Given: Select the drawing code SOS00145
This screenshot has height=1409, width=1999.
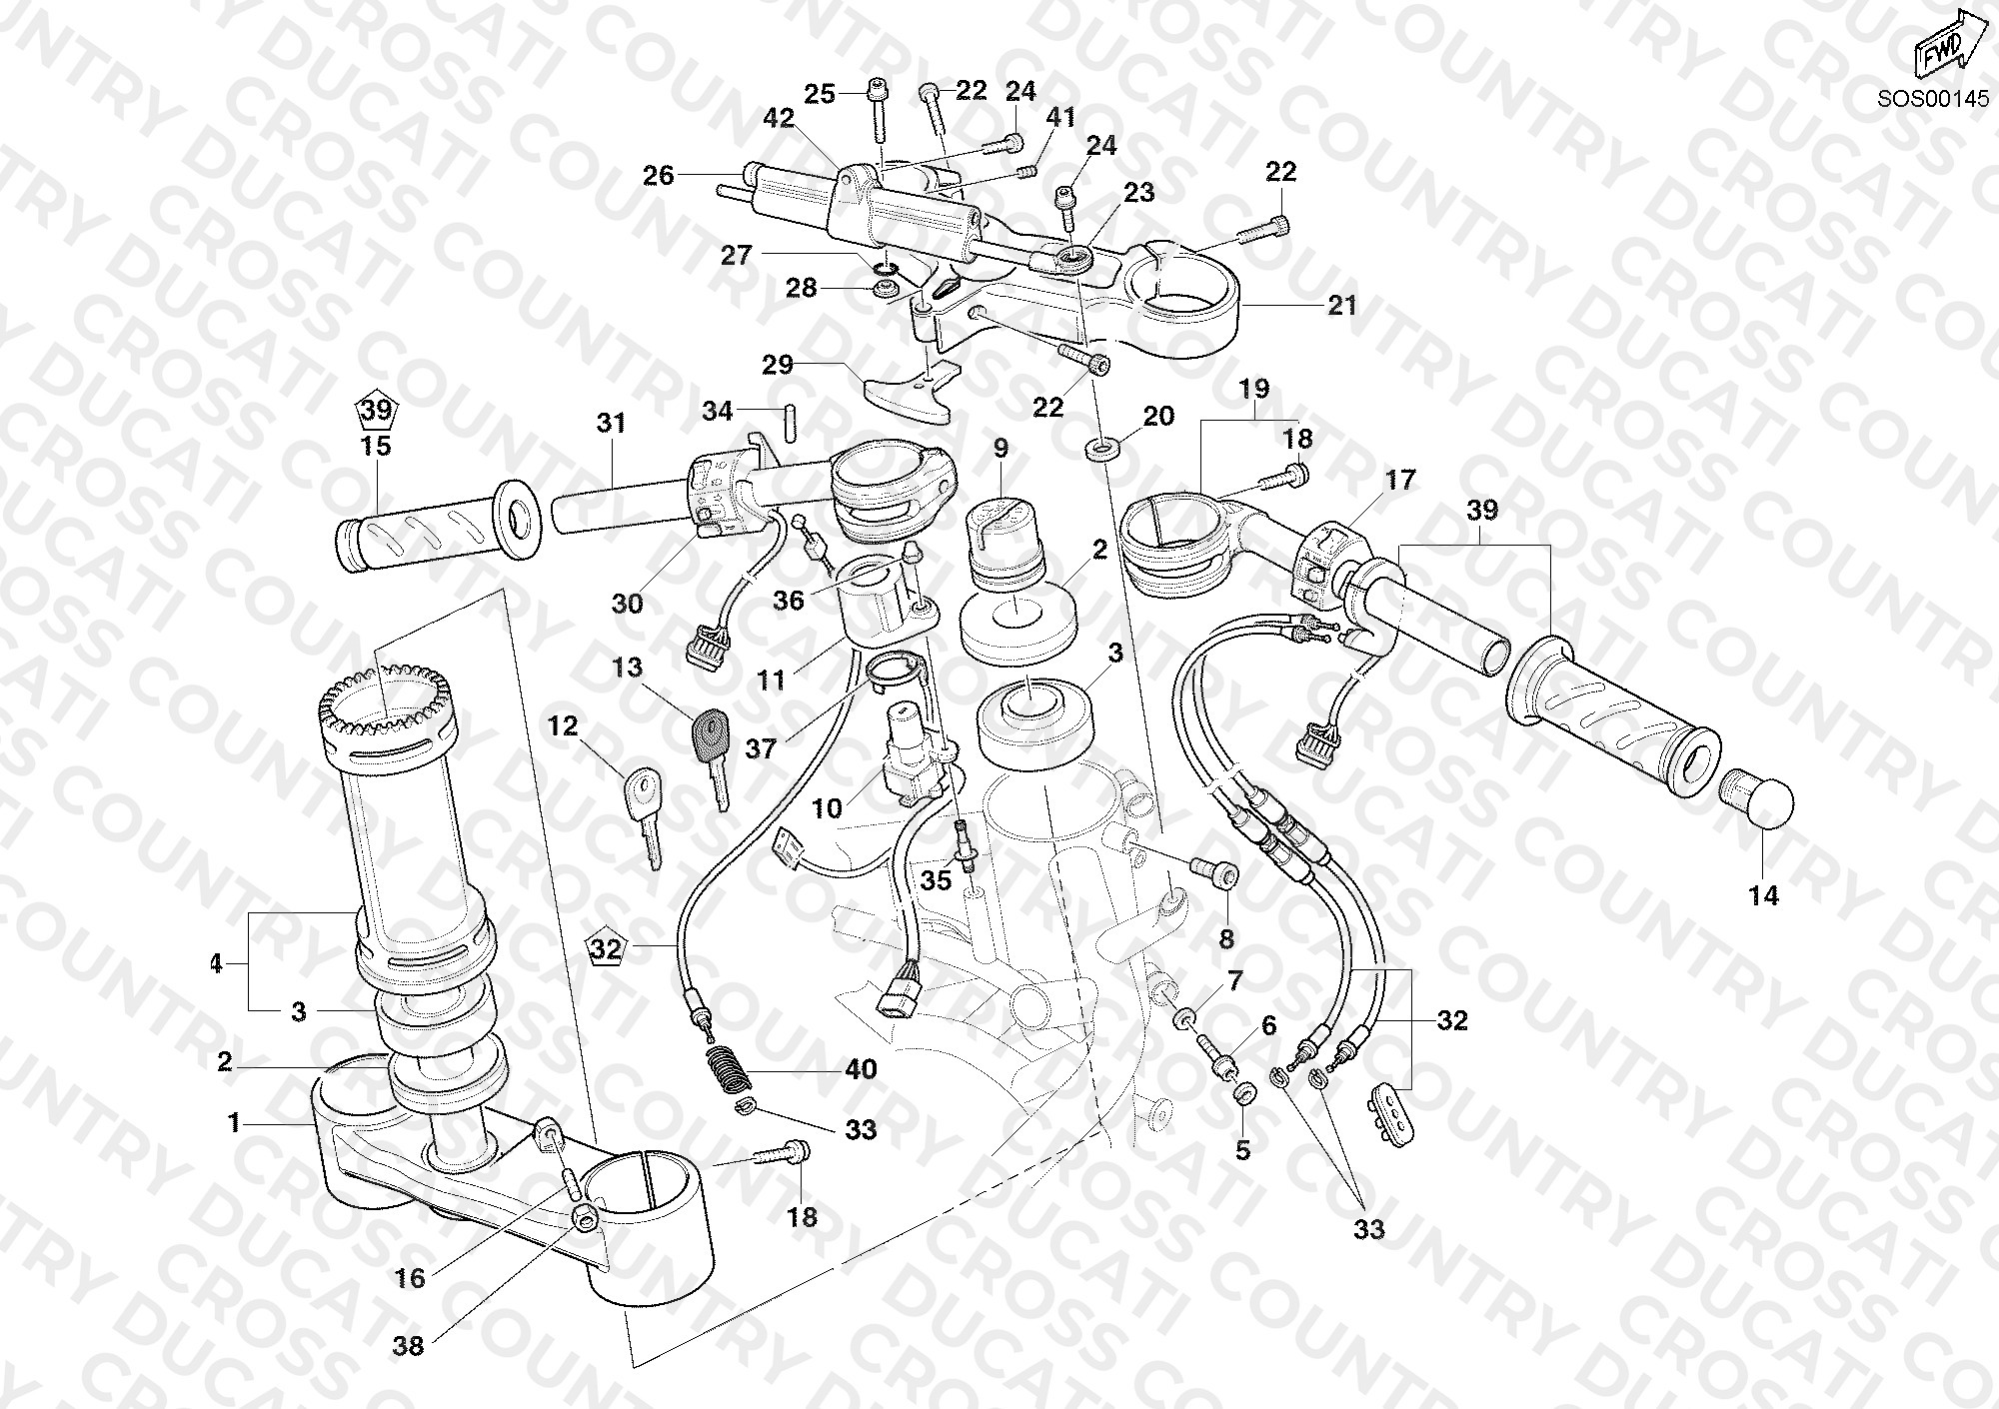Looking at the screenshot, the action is pyautogui.click(x=1940, y=99).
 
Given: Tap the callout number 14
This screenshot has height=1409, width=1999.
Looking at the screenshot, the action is pyautogui.click(x=1764, y=896).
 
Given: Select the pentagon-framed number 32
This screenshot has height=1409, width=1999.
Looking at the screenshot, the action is pyautogui.click(x=607, y=946).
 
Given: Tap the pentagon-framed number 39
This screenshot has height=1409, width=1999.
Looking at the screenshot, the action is pyautogui.click(x=377, y=411).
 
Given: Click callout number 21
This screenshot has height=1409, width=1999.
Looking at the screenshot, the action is pyautogui.click(x=1341, y=305).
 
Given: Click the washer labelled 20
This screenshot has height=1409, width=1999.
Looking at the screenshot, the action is pyautogui.click(x=1101, y=448).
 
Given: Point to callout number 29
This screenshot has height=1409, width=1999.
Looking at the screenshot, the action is pyautogui.click(x=778, y=365).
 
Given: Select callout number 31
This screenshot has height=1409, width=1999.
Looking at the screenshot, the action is pyautogui.click(x=611, y=423).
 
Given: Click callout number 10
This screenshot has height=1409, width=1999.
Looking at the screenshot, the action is pyautogui.click(x=827, y=807).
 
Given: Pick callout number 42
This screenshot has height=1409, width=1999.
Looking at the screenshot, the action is pyautogui.click(x=778, y=118).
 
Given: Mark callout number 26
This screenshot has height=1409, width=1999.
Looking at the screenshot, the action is pyautogui.click(x=659, y=177).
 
